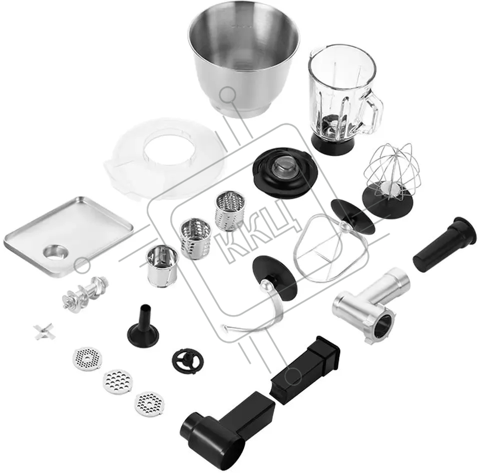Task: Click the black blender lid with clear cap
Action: (285, 172)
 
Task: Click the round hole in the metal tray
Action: (56, 252)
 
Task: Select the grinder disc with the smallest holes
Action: (87, 359)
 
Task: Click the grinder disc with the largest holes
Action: (118, 382)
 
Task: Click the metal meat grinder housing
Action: (371, 305)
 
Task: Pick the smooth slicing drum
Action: (162, 266)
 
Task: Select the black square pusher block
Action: (305, 370)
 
